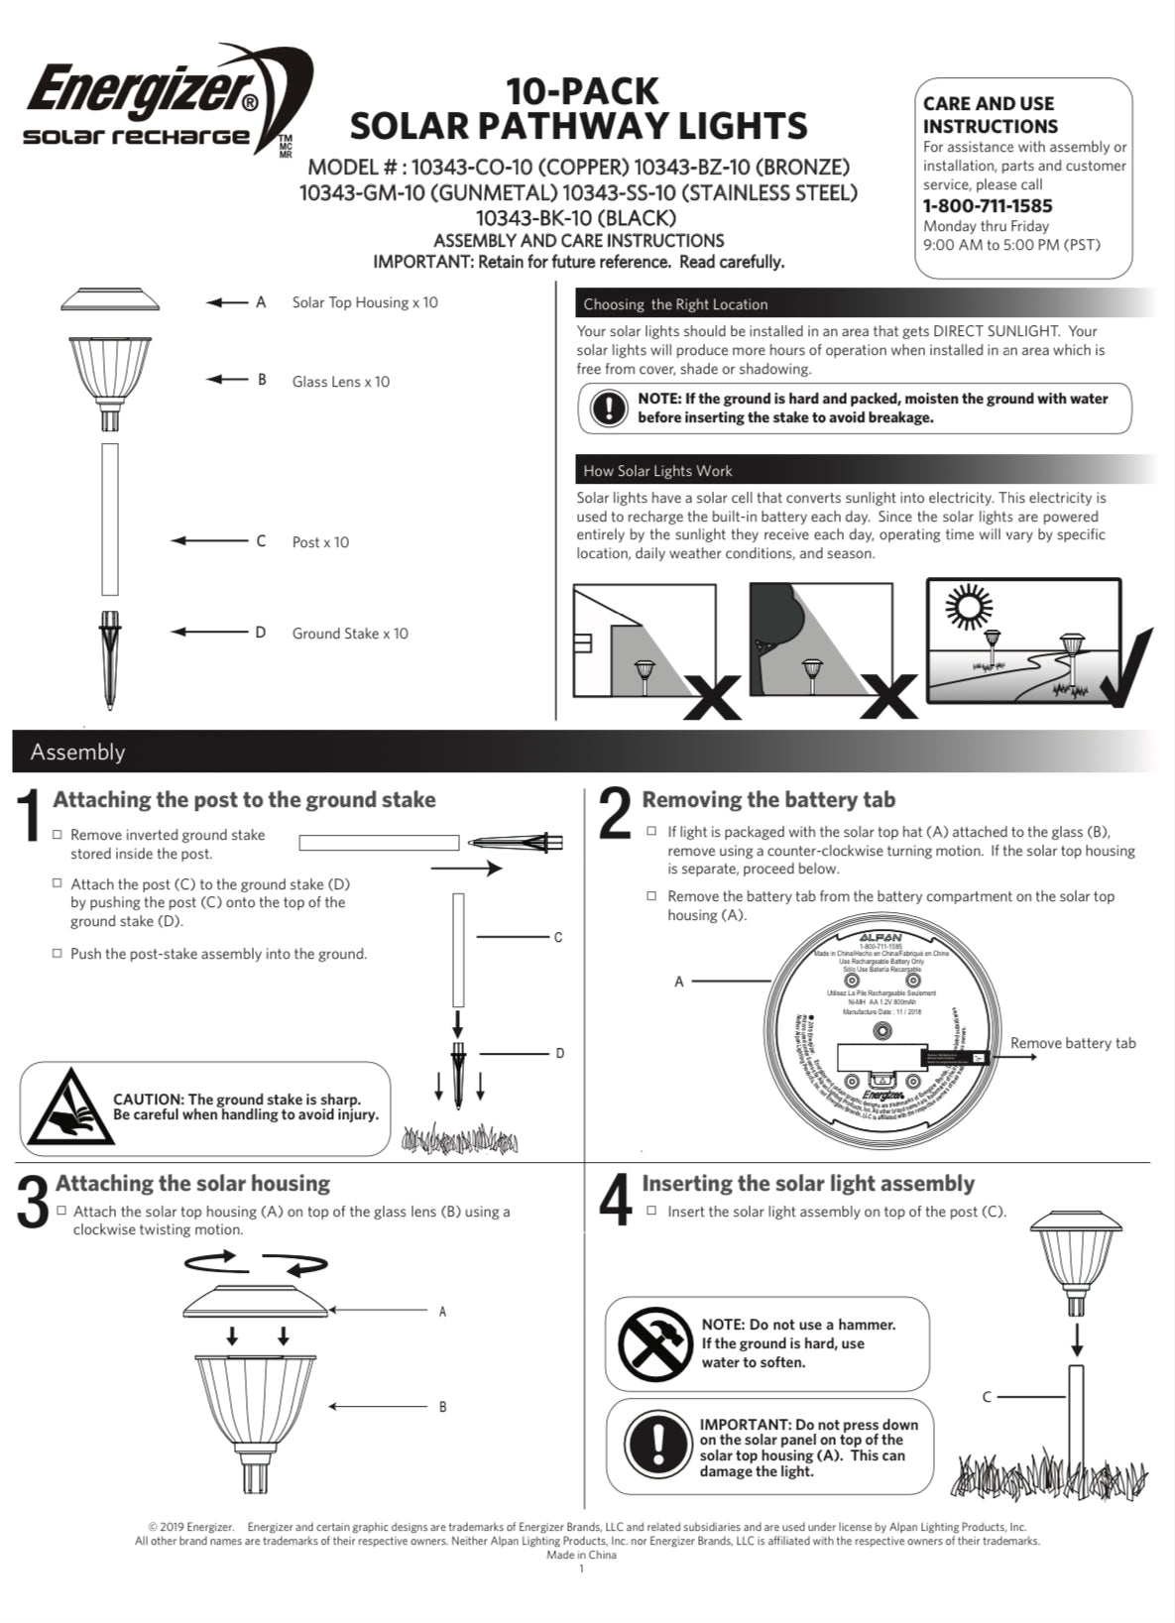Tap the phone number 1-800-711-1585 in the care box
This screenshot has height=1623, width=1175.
[987, 206]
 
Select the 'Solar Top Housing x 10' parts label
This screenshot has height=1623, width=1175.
[364, 302]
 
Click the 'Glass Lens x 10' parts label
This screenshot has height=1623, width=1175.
[340, 382]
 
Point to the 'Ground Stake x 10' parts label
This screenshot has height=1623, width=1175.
[349, 634]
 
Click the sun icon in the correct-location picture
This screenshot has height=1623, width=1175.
[968, 608]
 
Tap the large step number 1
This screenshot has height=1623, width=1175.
[31, 816]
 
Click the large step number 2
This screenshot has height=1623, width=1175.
[615, 814]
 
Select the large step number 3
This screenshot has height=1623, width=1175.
[33, 1202]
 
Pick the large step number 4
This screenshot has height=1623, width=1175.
[615, 1200]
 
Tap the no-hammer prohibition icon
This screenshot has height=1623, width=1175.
[654, 1343]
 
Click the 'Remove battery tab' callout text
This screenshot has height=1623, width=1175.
[1073, 1043]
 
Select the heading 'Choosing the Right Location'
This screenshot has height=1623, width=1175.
[675, 304]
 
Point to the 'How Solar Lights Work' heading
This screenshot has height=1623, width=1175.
[657, 471]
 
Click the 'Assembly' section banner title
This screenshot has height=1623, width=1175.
[77, 752]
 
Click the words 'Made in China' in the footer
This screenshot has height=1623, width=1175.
[581, 1555]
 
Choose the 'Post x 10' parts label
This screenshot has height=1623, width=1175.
[320, 542]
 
